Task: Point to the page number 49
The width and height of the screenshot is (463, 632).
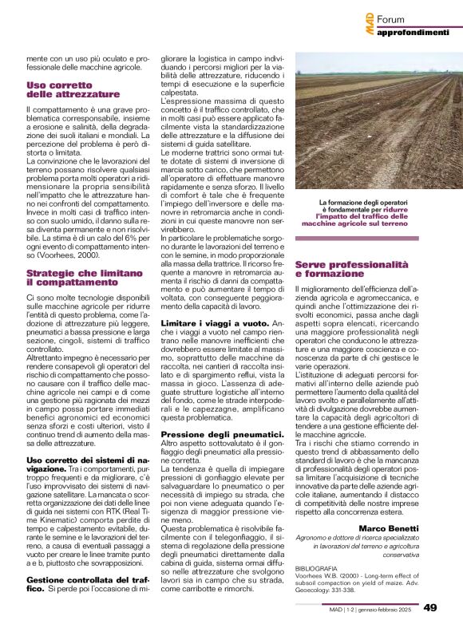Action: [431, 608]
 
